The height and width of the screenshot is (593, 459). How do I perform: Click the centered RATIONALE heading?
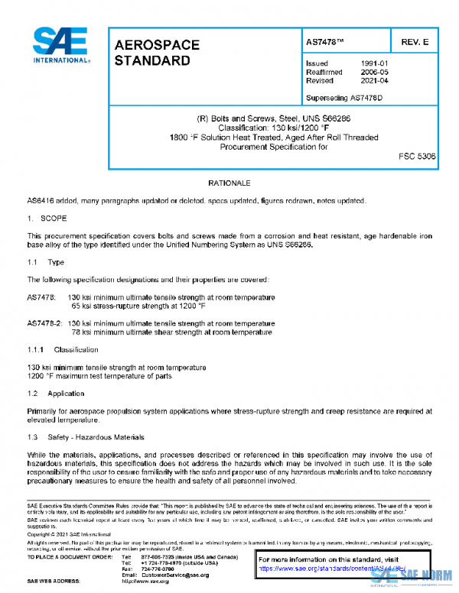coord(229,183)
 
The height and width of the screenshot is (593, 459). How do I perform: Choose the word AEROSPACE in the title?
coord(157,46)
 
